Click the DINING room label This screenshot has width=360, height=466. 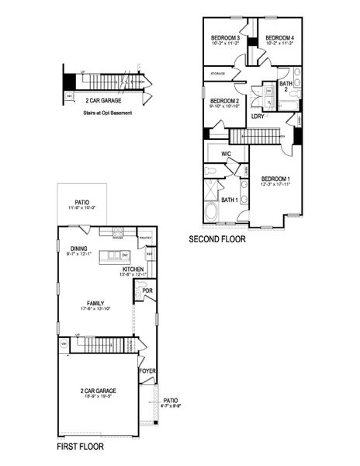[x=78, y=249]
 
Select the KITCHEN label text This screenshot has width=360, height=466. [x=133, y=268]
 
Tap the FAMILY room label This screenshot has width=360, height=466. [x=96, y=303]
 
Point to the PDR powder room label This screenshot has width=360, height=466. [x=148, y=291]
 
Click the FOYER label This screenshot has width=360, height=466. [x=147, y=371]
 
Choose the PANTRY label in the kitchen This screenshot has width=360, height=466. [x=145, y=238]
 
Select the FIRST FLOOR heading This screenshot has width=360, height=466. [x=81, y=447]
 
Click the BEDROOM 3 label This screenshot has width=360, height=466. [x=225, y=38]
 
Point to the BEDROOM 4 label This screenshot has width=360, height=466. [x=279, y=38]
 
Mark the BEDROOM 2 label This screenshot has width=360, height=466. [x=223, y=100]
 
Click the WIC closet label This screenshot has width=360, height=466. [x=226, y=155]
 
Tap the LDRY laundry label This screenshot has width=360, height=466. [x=258, y=116]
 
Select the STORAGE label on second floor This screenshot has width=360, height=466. [x=216, y=75]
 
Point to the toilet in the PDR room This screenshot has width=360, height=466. [x=140, y=294]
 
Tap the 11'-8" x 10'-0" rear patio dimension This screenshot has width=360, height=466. [x=80, y=207]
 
